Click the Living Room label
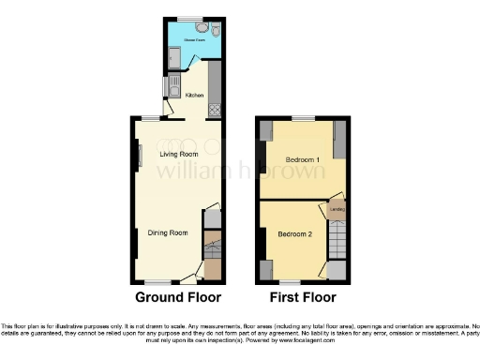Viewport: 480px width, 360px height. point(177,153)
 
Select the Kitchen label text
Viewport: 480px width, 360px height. point(194,95)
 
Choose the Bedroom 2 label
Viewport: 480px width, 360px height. point(294,234)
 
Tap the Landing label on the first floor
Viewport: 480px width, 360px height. point(337,210)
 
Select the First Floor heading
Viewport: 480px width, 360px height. point(301,298)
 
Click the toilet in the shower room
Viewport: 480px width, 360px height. point(215,31)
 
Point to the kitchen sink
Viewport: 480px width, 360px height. point(175,87)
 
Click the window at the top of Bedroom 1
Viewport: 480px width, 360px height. point(303,118)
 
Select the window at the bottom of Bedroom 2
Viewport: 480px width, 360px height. point(290,282)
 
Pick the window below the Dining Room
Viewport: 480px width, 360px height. point(157,282)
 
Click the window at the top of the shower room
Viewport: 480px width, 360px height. point(193,18)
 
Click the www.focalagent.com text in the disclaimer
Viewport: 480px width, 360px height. point(301,341)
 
